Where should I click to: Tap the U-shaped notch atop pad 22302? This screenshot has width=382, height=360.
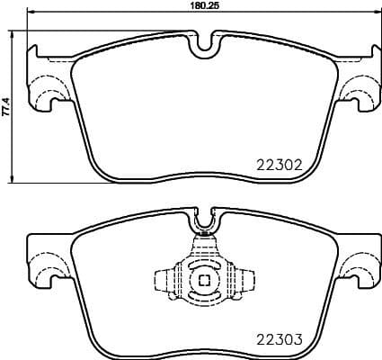point(205,41)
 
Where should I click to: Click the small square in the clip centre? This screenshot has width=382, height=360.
point(205,279)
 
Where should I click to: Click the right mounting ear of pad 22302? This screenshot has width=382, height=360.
point(360,85)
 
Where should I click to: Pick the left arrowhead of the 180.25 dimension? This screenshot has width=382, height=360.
point(28,13)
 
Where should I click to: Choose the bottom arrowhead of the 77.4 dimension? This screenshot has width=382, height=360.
point(13,177)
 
